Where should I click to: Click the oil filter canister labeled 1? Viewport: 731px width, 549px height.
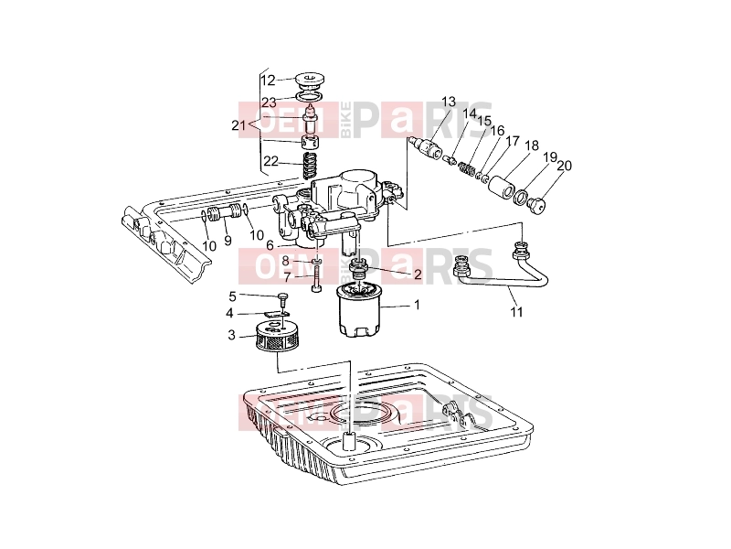click(x=359, y=310)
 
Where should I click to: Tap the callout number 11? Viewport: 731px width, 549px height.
click(x=516, y=311)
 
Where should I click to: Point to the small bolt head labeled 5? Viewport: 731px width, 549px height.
click(x=283, y=296)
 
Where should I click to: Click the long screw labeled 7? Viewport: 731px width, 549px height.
click(x=316, y=278)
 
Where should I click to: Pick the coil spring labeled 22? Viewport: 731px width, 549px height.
click(x=310, y=167)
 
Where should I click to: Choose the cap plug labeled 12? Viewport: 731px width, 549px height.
click(x=310, y=81)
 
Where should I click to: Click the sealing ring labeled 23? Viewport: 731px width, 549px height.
click(x=310, y=97)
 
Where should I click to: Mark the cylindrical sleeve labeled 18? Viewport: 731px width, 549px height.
click(x=501, y=186)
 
